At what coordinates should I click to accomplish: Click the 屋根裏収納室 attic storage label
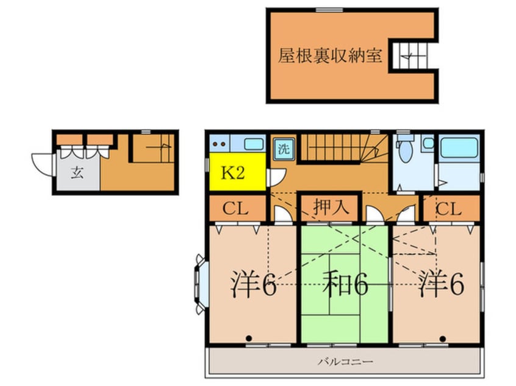pos(330,57)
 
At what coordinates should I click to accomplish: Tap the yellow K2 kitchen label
pos(232,173)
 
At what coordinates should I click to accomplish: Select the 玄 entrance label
pos(77,173)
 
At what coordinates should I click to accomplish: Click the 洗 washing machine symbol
pos(284,148)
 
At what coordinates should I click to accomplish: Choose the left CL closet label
pos(236,209)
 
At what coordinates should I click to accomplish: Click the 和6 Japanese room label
pos(345,284)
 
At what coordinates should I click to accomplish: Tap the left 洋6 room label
pos(253,284)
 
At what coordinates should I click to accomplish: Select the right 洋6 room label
pos(440,284)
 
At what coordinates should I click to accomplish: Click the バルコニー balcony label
pos(345,362)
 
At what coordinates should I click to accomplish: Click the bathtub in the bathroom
pos(459,147)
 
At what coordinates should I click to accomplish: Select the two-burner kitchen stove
pos(219,144)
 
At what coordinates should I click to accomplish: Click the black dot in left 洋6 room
pos(249,337)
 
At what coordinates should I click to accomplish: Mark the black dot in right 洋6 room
pos(442,337)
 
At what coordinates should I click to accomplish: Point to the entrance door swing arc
pos(41,163)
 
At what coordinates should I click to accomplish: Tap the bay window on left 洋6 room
pos(200,284)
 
